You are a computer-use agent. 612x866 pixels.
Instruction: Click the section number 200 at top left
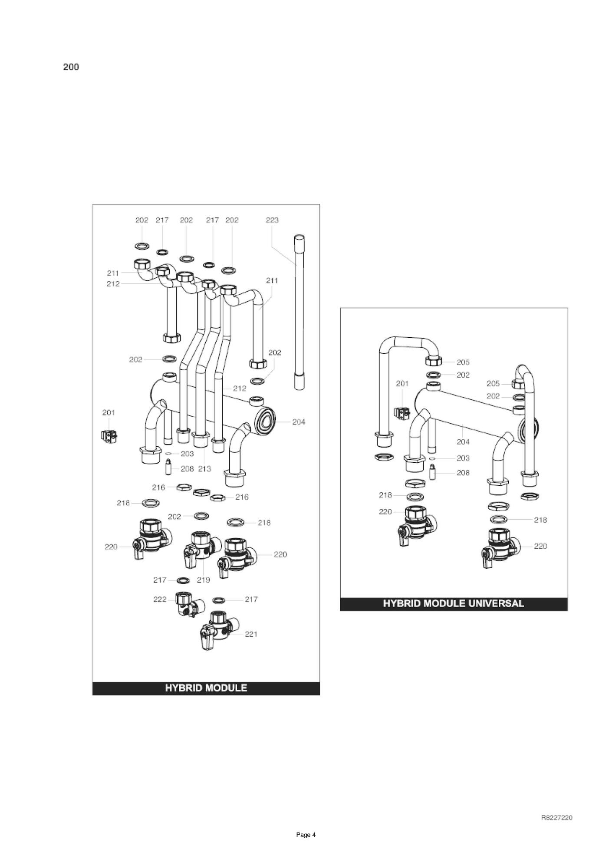71,67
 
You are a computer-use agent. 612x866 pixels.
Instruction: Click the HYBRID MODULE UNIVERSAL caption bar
454,603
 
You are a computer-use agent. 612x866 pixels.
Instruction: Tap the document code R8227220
556,818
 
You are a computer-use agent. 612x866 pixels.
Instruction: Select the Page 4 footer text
306,835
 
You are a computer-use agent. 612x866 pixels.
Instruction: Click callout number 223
272,220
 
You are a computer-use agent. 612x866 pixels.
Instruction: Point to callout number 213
204,469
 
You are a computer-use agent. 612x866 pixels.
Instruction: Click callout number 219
203,580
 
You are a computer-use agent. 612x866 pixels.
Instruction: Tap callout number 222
160,599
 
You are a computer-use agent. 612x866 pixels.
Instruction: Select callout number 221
251,634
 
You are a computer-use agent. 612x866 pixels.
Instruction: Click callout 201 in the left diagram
109,412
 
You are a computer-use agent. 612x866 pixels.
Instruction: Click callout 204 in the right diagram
463,442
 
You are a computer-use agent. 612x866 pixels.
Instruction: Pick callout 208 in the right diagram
463,473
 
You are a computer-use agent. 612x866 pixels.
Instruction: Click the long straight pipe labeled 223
299,313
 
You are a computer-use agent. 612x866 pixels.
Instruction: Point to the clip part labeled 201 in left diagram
109,436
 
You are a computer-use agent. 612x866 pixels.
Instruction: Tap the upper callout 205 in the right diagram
463,362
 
